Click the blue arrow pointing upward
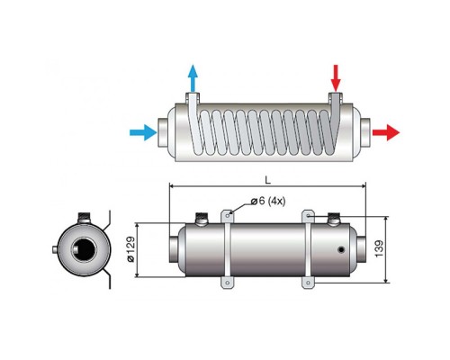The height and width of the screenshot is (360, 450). (x=193, y=78)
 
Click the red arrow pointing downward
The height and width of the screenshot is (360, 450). (x=336, y=78)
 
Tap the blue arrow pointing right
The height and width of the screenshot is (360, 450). (x=143, y=132)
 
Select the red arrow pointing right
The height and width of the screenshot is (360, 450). (x=386, y=132)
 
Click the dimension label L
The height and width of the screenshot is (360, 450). (x=267, y=180)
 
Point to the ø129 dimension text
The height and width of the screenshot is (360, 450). (x=131, y=249)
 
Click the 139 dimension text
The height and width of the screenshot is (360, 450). (x=379, y=248)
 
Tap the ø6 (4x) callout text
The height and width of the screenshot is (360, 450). (x=268, y=201)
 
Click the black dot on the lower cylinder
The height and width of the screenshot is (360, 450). (x=341, y=249)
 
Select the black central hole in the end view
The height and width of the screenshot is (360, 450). (x=85, y=249)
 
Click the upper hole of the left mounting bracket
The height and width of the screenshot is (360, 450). (x=228, y=215)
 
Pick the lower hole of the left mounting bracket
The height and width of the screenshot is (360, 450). (x=228, y=283)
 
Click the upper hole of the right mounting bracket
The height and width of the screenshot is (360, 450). (x=308, y=215)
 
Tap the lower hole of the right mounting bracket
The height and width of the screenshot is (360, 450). (x=308, y=283)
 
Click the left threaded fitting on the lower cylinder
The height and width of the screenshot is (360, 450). (x=202, y=219)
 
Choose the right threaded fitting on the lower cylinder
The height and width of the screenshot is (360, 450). (x=333, y=219)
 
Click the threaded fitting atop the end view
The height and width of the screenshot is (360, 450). (x=85, y=218)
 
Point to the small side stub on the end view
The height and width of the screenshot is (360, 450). (x=55, y=249)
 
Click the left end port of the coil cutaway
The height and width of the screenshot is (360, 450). (x=163, y=132)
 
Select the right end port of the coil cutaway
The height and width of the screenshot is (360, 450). (x=365, y=132)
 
